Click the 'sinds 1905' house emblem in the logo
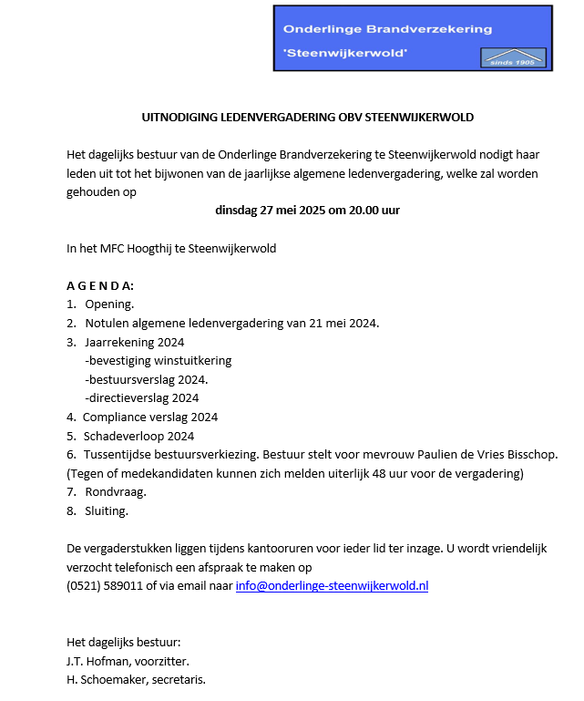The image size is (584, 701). click(x=514, y=55)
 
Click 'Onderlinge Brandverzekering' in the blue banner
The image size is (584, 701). click(x=387, y=28)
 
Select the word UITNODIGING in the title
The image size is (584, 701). click(x=177, y=118)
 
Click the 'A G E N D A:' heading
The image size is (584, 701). click(x=100, y=285)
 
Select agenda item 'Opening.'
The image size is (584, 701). click(x=109, y=304)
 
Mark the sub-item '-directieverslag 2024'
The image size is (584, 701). click(x=141, y=397)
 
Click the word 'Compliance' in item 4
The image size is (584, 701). click(x=115, y=417)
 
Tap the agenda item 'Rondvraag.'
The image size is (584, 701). click(x=116, y=492)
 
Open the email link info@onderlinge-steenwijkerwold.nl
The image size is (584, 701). click(x=332, y=586)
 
